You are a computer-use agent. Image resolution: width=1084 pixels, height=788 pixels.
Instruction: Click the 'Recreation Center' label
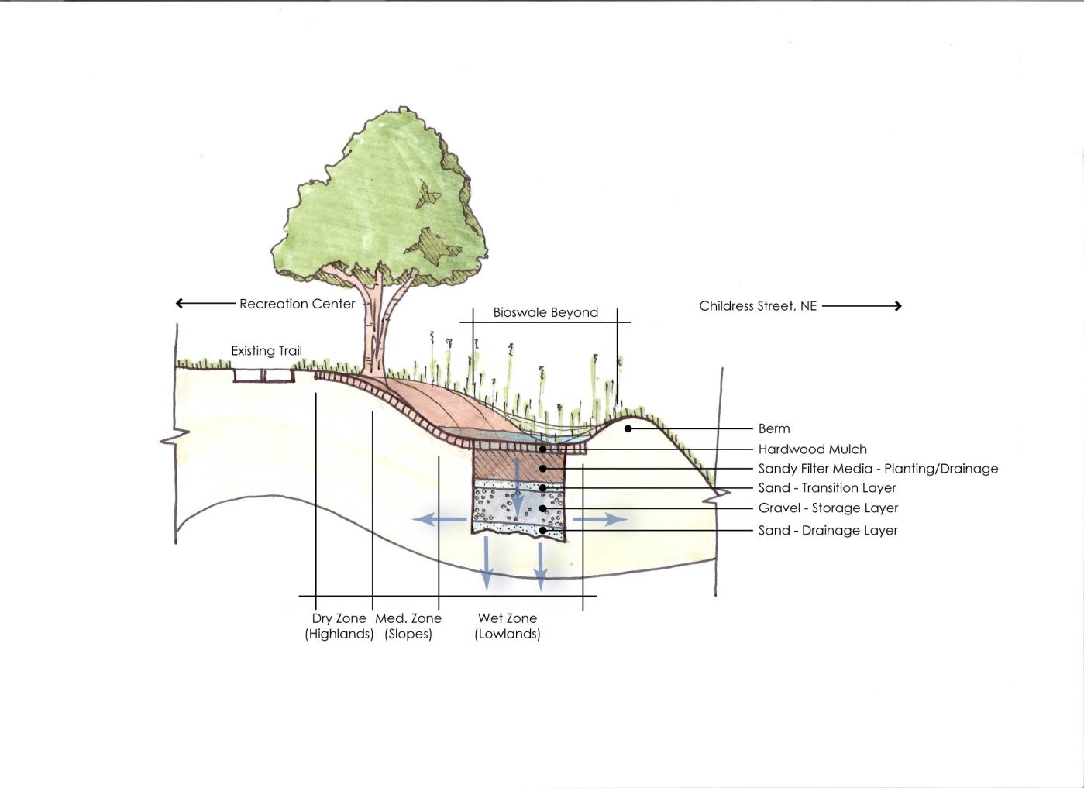pyautogui.click(x=297, y=304)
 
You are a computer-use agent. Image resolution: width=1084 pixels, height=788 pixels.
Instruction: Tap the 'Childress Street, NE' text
pyautogui.click(x=758, y=306)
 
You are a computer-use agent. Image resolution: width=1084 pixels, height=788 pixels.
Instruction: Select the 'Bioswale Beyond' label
pyautogui.click(x=545, y=313)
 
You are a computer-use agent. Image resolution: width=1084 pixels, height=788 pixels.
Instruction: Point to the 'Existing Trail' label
pyautogui.click(x=267, y=351)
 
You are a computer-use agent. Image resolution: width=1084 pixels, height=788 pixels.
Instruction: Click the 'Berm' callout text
pyautogui.click(x=774, y=428)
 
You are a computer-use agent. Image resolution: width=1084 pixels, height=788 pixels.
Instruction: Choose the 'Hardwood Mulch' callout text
pyautogui.click(x=812, y=449)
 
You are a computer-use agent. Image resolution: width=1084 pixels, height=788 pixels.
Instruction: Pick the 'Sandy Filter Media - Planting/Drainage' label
pyautogui.click(x=878, y=469)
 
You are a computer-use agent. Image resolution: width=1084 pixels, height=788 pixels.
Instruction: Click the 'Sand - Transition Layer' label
pyautogui.click(x=827, y=488)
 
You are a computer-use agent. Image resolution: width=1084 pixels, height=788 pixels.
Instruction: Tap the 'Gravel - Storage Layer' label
pyautogui.click(x=828, y=508)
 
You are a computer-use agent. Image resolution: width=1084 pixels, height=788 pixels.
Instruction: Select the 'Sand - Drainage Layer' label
pyautogui.click(x=828, y=531)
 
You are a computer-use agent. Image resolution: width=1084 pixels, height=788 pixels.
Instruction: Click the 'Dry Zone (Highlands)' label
pyautogui.click(x=339, y=626)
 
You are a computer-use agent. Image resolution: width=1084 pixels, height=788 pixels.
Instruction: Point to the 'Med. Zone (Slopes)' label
pyautogui.click(x=408, y=626)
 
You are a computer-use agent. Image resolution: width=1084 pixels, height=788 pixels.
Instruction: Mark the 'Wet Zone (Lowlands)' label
pyautogui.click(x=508, y=626)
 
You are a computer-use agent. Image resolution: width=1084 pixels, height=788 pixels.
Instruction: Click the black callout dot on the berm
pyautogui.click(x=628, y=428)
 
